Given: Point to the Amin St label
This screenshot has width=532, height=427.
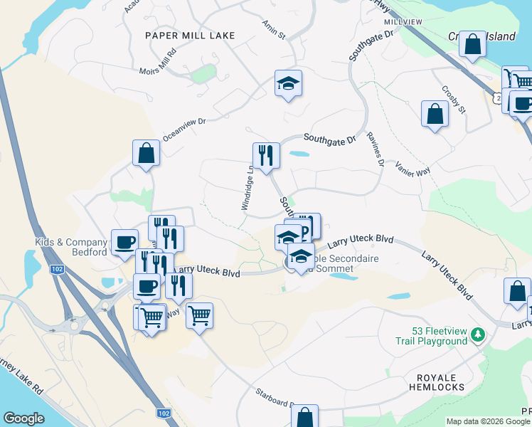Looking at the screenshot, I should [x=274, y=29].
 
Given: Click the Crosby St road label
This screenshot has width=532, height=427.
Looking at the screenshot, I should [x=453, y=100].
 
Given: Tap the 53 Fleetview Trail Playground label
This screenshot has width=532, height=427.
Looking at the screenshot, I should [x=432, y=336].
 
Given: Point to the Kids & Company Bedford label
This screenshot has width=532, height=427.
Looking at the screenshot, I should [x=71, y=247].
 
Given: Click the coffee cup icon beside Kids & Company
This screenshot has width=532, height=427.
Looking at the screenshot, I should [x=124, y=241].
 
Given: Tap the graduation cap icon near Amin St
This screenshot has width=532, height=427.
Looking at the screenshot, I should [x=288, y=83].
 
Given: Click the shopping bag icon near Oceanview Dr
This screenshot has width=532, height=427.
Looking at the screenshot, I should [x=146, y=152].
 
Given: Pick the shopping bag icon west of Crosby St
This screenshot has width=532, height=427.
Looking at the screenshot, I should [x=435, y=114].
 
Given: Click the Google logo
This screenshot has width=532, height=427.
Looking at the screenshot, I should [x=23, y=418].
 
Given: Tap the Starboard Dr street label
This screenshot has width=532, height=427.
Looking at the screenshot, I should [x=275, y=399].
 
